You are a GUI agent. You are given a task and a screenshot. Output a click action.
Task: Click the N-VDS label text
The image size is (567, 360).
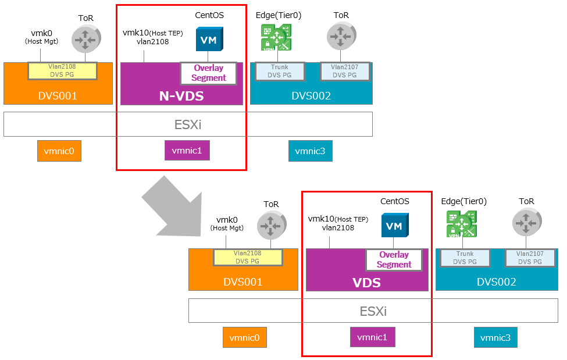(x=181, y=96)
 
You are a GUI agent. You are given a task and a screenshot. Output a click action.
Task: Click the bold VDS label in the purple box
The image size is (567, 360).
(x=366, y=283)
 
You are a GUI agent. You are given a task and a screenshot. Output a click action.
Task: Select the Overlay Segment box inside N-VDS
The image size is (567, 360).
(x=209, y=73)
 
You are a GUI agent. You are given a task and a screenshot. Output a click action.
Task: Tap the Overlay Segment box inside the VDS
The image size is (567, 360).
(x=394, y=259)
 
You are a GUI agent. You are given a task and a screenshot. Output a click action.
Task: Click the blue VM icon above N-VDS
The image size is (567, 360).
(x=209, y=40)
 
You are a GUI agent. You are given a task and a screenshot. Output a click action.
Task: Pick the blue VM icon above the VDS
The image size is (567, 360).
(x=394, y=226)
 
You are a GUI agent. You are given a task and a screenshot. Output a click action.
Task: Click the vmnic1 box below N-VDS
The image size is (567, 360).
(x=187, y=151)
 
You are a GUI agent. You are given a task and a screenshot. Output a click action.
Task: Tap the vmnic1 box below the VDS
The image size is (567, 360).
(x=372, y=337)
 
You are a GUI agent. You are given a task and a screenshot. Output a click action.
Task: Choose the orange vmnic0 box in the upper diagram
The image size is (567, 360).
(x=59, y=151)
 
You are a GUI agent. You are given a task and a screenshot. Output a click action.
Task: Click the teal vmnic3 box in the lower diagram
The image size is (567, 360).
(x=496, y=337)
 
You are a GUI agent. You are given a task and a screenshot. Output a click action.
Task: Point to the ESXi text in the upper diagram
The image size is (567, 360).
(x=187, y=124)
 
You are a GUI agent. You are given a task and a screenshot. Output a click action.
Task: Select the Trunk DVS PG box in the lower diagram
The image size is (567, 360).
(x=465, y=258)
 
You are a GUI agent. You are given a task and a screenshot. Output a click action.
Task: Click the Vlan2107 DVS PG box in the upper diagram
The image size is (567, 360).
(x=345, y=71)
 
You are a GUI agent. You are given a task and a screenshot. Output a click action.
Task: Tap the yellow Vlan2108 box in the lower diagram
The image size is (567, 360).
(x=248, y=257)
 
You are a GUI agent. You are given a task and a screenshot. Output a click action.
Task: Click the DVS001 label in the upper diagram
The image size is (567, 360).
(x=58, y=96)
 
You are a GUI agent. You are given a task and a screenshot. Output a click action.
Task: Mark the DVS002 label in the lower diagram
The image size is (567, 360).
(x=496, y=282)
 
